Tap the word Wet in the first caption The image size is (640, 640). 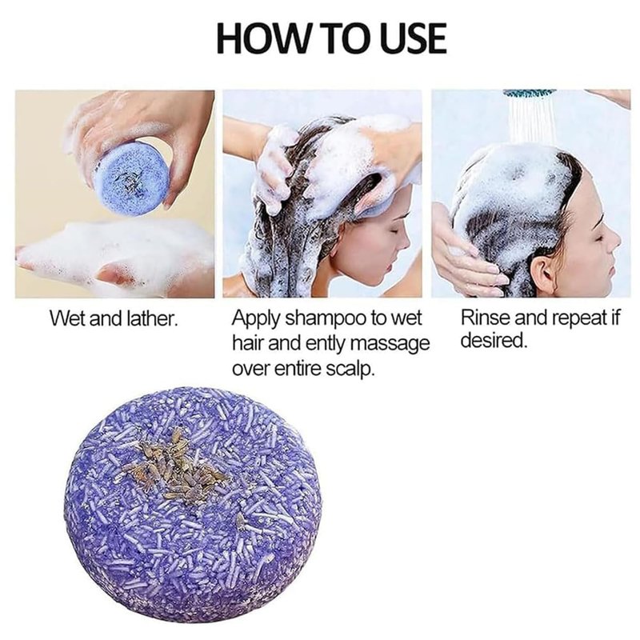click(x=67, y=318)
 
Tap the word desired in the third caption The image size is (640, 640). click(x=494, y=341)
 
